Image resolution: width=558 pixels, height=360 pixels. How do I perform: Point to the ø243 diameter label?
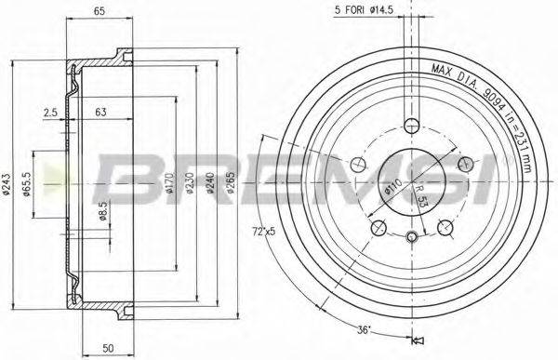click(x=7, y=186)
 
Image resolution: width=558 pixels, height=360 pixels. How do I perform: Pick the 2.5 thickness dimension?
click(x=50, y=114)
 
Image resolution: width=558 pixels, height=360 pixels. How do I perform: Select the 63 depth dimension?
click(x=100, y=114)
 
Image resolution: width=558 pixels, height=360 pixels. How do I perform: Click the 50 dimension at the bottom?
click(x=109, y=347)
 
